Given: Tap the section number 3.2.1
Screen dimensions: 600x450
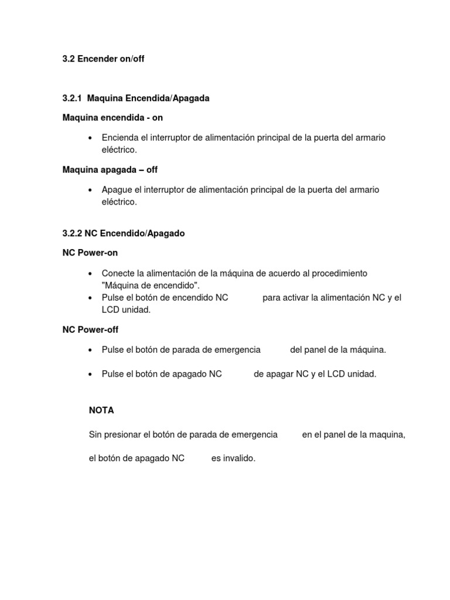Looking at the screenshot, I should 73,98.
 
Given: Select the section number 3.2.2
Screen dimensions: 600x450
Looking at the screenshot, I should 73,233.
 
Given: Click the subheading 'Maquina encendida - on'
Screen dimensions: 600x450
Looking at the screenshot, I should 112,118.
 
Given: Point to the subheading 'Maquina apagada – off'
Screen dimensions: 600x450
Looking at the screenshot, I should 110,169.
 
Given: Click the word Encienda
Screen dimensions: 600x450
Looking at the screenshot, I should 120,137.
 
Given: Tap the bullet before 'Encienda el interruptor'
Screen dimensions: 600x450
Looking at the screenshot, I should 90,138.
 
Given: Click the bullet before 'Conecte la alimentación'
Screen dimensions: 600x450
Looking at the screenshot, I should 90,274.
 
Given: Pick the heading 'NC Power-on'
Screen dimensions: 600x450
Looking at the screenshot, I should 90,253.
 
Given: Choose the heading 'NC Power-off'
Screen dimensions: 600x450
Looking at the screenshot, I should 90,330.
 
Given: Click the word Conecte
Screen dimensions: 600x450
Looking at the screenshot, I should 118,273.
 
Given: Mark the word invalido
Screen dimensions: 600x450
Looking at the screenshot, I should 234,458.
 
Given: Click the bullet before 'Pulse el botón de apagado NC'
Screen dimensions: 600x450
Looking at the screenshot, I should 90,374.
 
